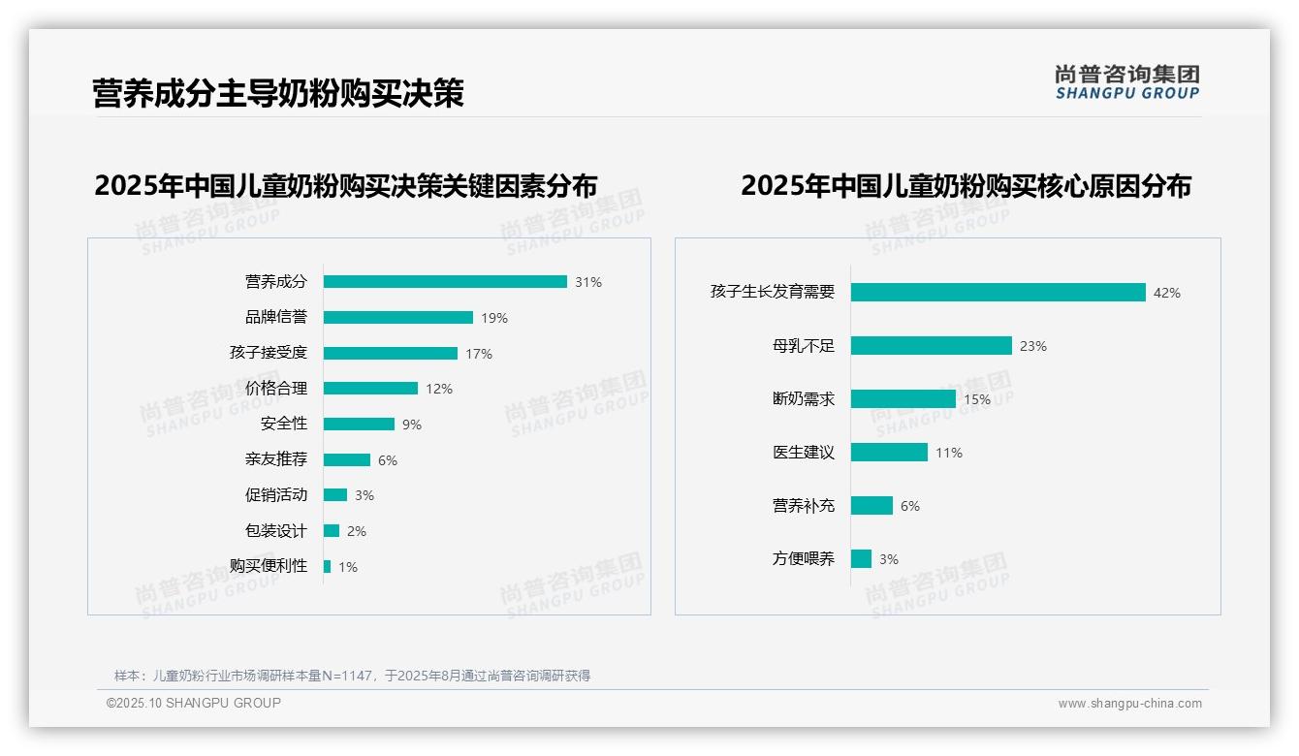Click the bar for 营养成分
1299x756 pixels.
click(445, 282)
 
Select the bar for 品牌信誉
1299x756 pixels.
click(398, 318)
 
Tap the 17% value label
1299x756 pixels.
click(479, 354)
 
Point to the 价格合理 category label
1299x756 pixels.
click(276, 389)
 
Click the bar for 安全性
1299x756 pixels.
click(359, 425)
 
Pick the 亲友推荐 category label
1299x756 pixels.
click(276, 459)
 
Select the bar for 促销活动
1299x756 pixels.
click(335, 495)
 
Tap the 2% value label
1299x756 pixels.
click(357, 531)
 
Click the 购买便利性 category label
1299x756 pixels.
click(269, 566)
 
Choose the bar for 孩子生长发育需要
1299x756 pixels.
click(998, 293)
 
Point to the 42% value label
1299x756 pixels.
click(1167, 293)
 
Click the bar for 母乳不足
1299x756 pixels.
click(932, 346)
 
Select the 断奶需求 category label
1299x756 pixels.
click(804, 399)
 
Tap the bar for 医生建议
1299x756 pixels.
click(889, 453)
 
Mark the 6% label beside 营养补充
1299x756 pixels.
click(910, 506)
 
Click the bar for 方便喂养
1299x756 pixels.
click(861, 559)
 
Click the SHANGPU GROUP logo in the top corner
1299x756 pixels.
click(1127, 82)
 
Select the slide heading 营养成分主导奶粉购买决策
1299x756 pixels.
click(278, 94)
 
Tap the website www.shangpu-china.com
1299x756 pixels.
click(1129, 704)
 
